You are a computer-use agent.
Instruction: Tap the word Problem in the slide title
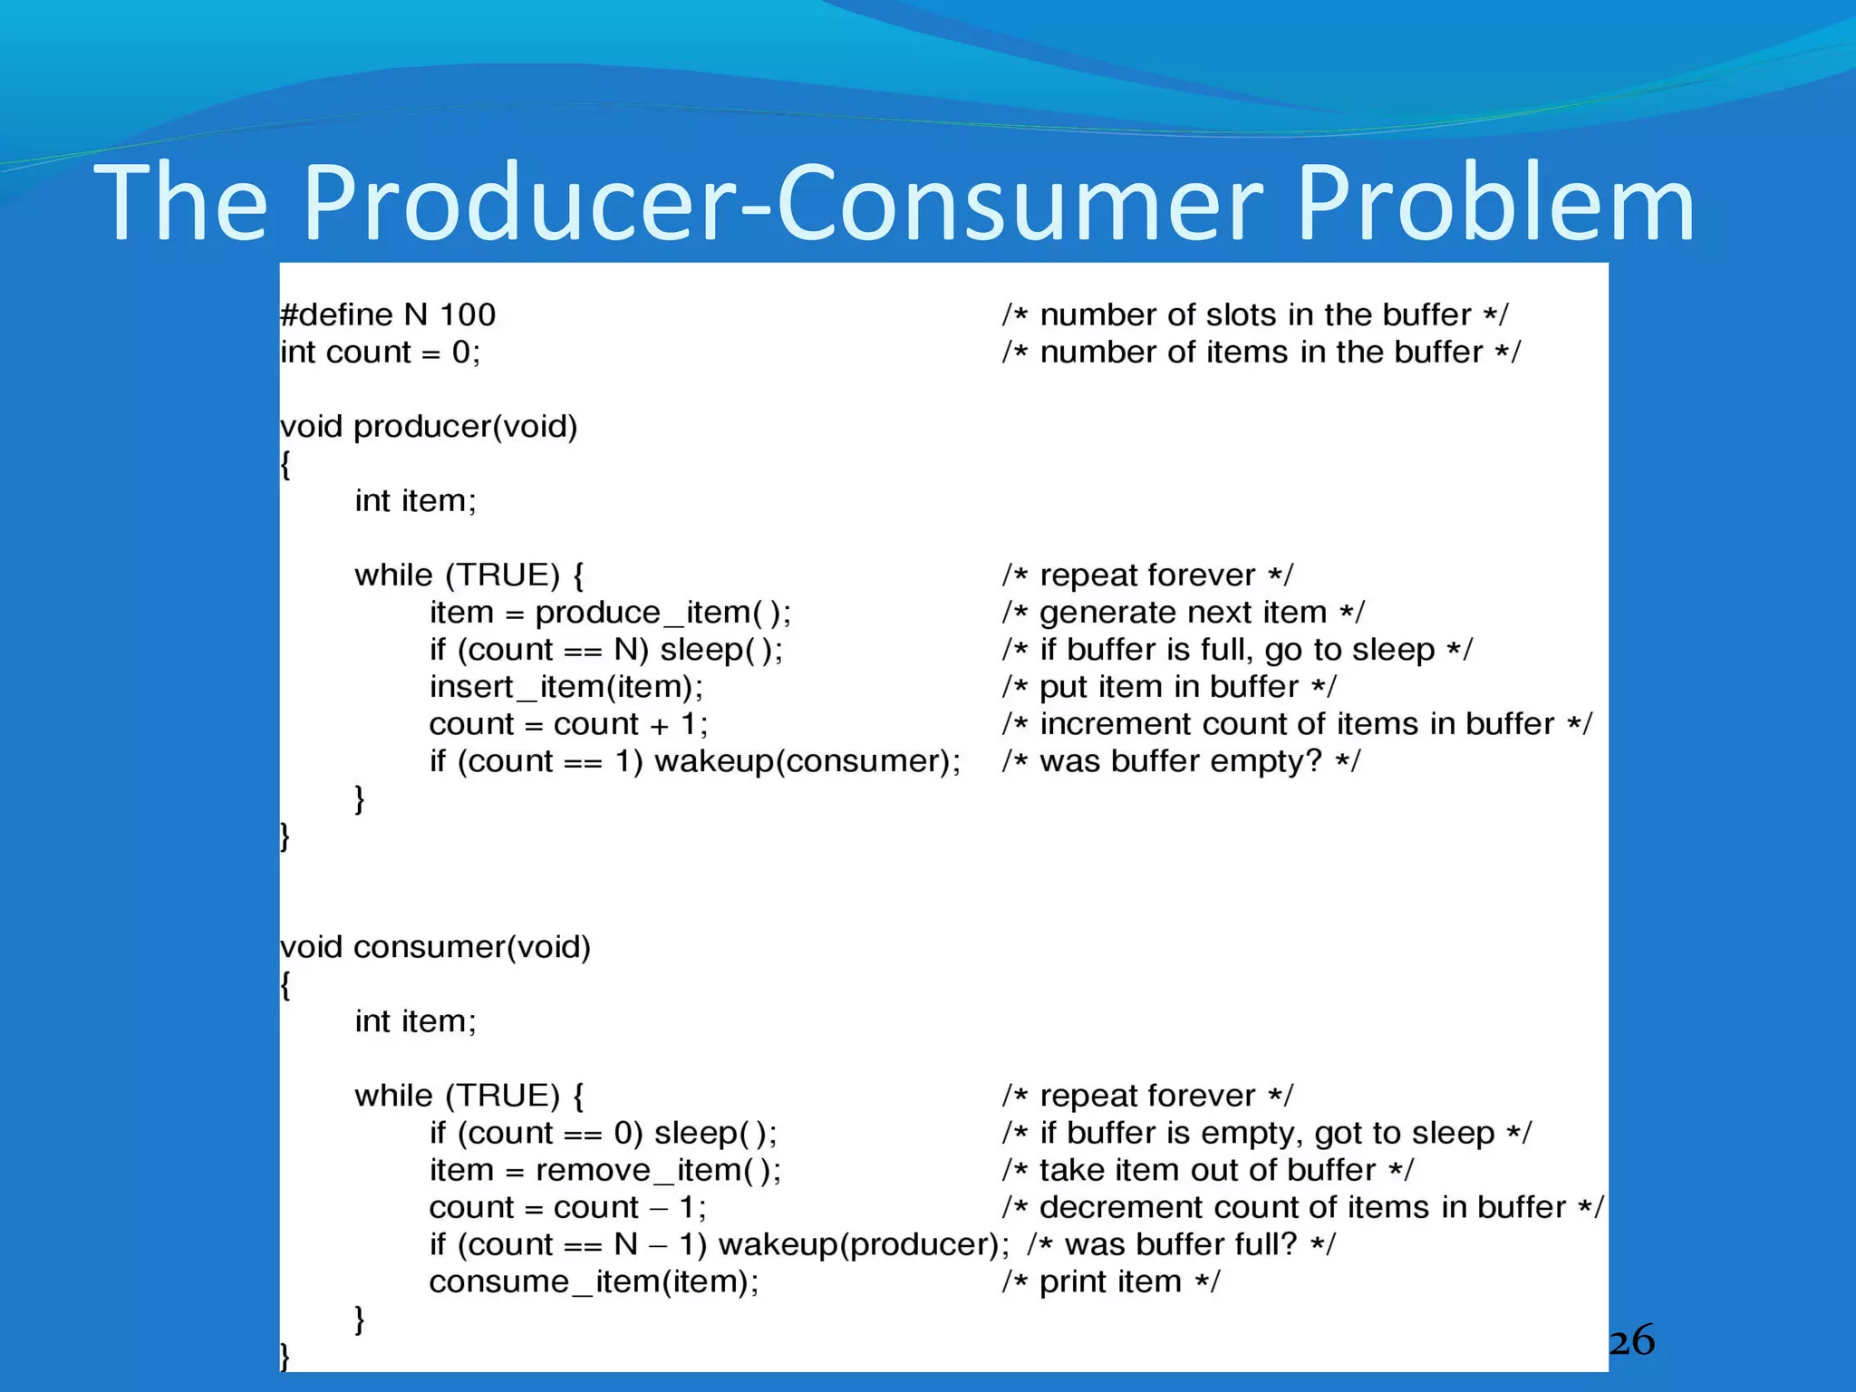1494,203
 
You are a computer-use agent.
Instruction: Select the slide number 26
1631,1340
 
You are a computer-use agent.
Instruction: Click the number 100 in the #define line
468,314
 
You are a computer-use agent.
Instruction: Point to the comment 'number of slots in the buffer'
1255,314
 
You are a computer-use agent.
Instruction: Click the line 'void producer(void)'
429,426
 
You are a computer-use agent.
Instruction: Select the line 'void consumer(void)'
435,947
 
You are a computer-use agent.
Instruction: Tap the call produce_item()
662,613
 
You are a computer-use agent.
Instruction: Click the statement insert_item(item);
566,687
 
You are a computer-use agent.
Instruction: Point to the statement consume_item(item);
594,1282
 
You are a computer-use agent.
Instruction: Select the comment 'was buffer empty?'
1181,761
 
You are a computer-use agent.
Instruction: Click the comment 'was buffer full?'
1181,1244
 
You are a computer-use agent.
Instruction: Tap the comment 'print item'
1111,1282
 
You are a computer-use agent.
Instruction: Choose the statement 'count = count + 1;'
568,724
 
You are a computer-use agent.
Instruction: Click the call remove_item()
657,1170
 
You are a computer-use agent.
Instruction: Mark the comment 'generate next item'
1183,613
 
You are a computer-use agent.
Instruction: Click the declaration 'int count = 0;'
380,352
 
